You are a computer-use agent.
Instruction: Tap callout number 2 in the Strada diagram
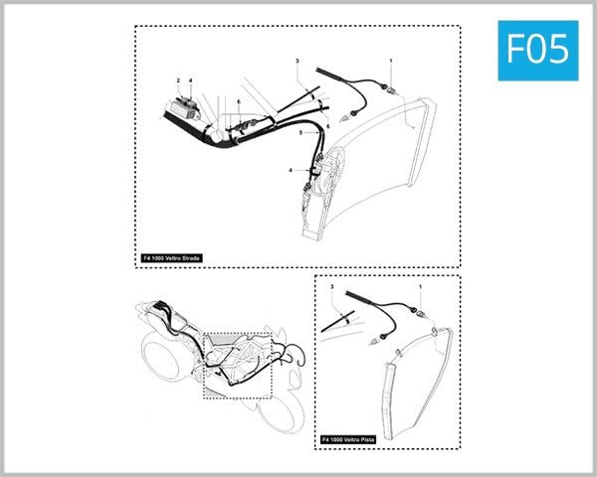pyautogui.click(x=178, y=80)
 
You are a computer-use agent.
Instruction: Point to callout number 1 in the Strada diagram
pyautogui.click(x=391, y=62)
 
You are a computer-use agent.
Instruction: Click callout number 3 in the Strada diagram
pyautogui.click(x=298, y=62)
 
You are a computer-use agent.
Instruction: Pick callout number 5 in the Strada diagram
pyautogui.click(x=300, y=133)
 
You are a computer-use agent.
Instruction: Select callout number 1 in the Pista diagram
pyautogui.click(x=420, y=287)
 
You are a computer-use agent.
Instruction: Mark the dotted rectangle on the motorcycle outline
pyautogui.click(x=237, y=365)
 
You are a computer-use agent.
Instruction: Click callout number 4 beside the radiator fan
pyautogui.click(x=292, y=170)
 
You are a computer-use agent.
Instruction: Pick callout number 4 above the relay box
pyautogui.click(x=191, y=80)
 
